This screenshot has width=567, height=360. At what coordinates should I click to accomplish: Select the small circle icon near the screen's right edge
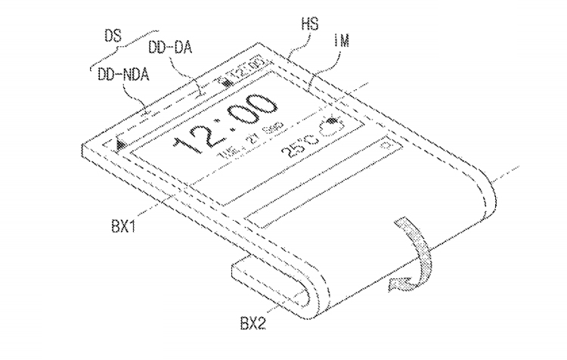point(385,144)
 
